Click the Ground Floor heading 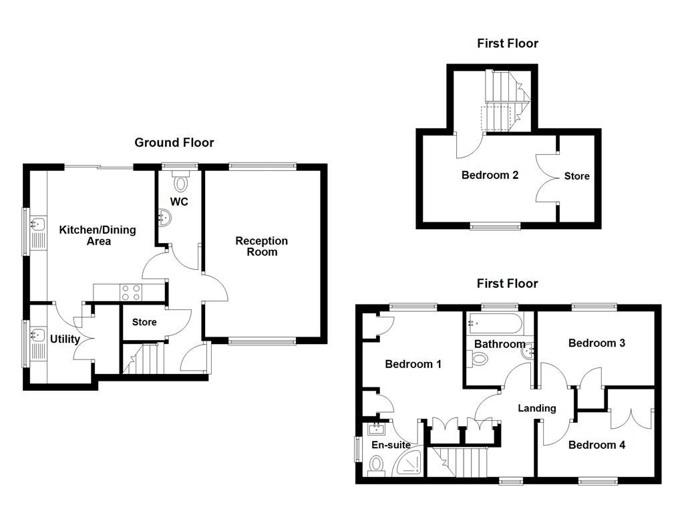pyautogui.click(x=174, y=142)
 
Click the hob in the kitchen pyautogui.click(x=130, y=291)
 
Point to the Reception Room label pyautogui.click(x=261, y=246)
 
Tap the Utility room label pyautogui.click(x=65, y=339)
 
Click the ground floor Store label pyautogui.click(x=144, y=322)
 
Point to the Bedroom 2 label pyautogui.click(x=490, y=176)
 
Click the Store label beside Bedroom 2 pyautogui.click(x=577, y=176)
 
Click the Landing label pyautogui.click(x=537, y=408)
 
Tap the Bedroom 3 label pyautogui.click(x=596, y=343)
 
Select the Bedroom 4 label pyautogui.click(x=596, y=445)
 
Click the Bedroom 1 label pyautogui.click(x=413, y=365)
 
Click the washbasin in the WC pyautogui.click(x=164, y=216)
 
